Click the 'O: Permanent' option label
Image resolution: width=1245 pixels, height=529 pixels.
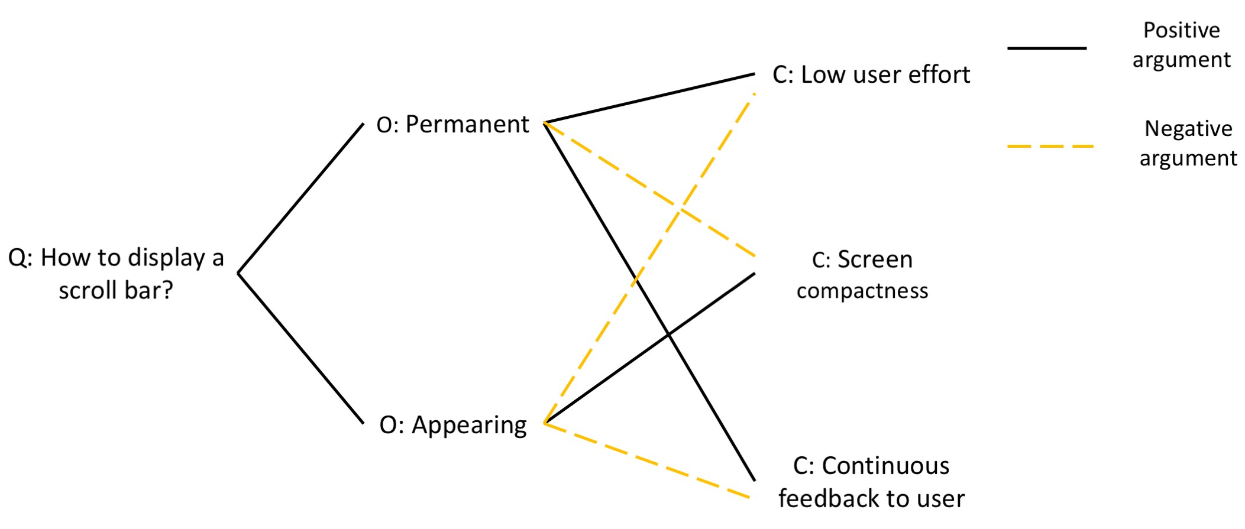(453, 125)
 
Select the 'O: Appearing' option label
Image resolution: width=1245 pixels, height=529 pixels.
(453, 425)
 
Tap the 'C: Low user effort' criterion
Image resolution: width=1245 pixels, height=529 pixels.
(871, 75)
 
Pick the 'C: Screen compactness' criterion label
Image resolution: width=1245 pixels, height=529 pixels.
(862, 275)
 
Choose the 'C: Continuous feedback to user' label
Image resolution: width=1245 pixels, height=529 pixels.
(871, 482)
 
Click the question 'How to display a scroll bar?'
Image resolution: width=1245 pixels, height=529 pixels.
(116, 274)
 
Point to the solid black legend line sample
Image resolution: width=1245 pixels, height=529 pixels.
(1046, 48)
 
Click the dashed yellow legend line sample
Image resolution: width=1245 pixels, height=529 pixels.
(1050, 146)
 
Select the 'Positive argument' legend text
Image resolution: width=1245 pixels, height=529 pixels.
(1181, 45)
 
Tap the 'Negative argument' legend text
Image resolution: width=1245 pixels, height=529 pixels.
(1188, 143)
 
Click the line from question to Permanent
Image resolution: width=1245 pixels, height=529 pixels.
(300, 198)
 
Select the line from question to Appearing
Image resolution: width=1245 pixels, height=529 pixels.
(300, 348)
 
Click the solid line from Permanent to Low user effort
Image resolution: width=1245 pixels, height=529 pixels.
(649, 98)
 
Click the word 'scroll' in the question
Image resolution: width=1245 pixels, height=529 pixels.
(88, 290)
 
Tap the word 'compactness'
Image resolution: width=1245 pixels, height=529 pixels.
(862, 291)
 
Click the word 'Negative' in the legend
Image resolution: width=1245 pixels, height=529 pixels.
(1188, 128)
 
